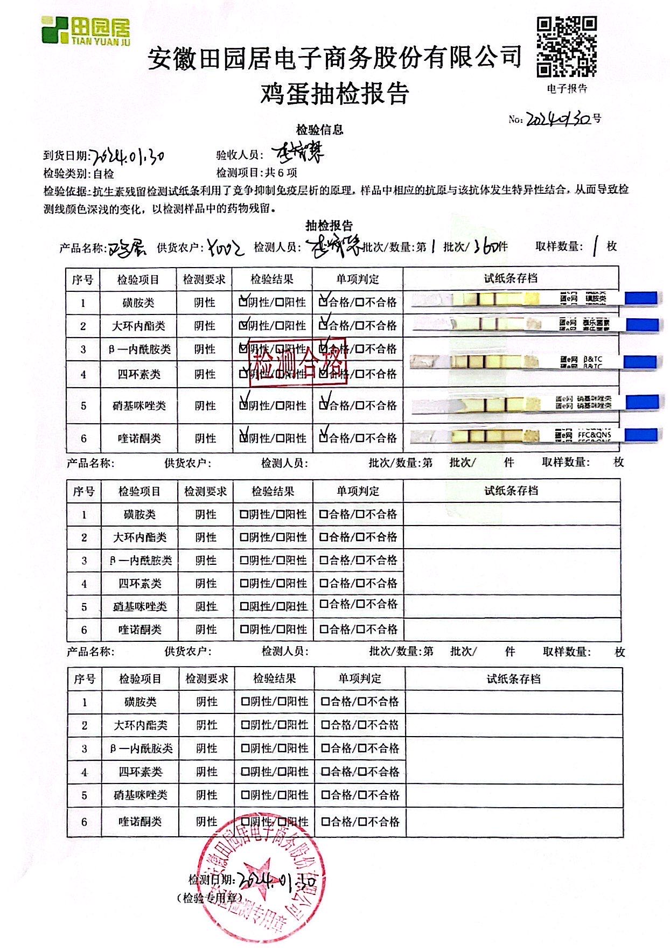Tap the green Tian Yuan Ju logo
click(x=86, y=31)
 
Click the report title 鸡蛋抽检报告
click(x=334, y=94)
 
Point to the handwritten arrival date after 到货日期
click(x=128, y=156)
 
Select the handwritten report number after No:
click(x=557, y=119)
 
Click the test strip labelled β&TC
click(x=533, y=362)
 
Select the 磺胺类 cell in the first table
click(x=138, y=303)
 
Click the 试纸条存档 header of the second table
click(x=511, y=491)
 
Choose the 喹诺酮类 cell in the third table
click(x=140, y=822)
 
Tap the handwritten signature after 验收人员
click(x=298, y=155)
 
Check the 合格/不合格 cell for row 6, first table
click(x=358, y=438)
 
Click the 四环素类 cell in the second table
click(x=140, y=583)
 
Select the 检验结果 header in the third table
click(x=275, y=679)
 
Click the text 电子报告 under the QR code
click(x=567, y=89)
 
